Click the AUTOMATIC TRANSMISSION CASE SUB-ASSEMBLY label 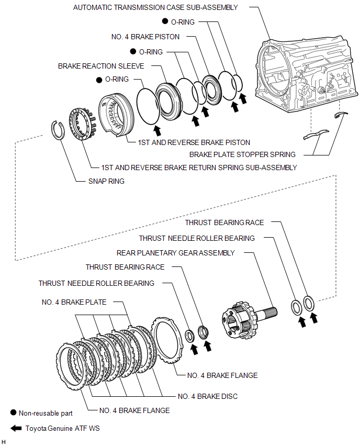point(155,7)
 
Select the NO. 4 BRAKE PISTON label point(145,37)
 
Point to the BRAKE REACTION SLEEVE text point(101,66)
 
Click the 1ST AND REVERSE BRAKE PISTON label point(194,142)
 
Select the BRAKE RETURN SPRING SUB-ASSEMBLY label point(198,168)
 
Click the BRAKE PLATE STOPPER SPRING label point(242,154)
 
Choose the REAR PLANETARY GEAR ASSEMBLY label point(176,252)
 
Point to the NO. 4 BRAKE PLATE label point(74,302)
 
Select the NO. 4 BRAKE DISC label point(208,396)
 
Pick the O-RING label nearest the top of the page point(183,22)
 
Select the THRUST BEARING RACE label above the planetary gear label point(224,222)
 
